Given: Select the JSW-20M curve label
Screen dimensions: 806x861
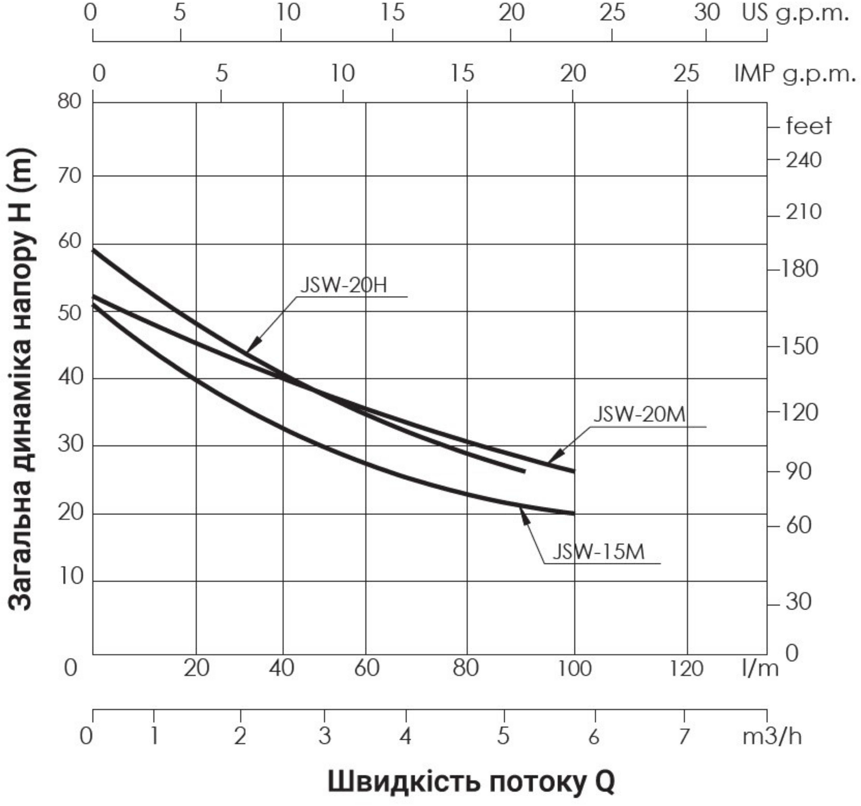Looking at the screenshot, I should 639,414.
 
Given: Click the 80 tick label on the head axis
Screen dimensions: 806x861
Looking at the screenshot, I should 69,102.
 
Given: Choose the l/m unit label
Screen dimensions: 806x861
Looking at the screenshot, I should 760,669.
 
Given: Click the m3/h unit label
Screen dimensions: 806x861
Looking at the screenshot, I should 772,736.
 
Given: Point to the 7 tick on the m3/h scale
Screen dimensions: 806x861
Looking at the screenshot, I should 684,736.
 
